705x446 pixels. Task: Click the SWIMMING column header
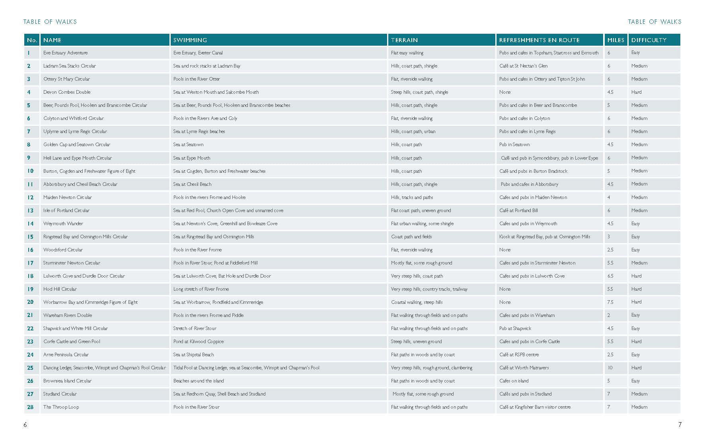tap(190, 40)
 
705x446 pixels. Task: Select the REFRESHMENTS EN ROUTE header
tap(539, 40)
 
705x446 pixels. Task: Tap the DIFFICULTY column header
tap(649, 40)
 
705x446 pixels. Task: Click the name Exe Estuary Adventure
tap(66, 53)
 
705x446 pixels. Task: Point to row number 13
tap(30, 210)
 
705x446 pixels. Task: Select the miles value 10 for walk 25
tap(610, 368)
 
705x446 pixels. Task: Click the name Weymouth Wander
tap(63, 224)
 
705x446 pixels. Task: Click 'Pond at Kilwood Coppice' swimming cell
tap(199, 342)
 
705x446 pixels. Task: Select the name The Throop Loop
tap(61, 407)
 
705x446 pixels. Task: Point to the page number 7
tap(680, 425)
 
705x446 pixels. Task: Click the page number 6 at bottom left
tap(25, 425)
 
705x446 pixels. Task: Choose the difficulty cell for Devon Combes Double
tap(636, 92)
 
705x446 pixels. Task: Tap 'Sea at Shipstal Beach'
tap(193, 355)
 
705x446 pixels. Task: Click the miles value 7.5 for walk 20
tap(610, 302)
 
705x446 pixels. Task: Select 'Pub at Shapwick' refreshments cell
tap(515, 328)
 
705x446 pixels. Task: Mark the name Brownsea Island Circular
tap(67, 381)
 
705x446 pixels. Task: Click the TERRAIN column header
tap(404, 40)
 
